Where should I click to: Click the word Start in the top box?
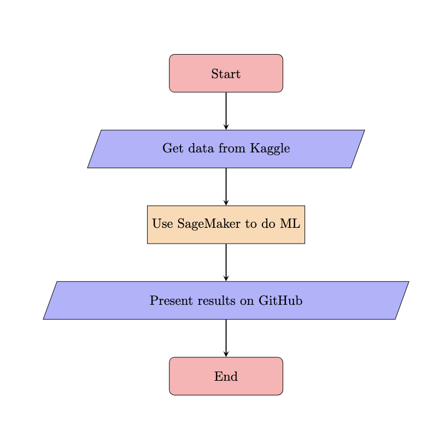226,74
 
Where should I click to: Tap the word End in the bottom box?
226,376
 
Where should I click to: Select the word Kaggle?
270,149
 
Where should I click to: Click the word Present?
168,300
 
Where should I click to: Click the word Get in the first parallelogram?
171,149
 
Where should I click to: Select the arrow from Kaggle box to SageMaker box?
226,186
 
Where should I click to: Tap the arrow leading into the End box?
226,338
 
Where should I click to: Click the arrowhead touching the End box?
226,354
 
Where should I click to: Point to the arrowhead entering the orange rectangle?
226,203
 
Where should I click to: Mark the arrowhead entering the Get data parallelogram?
226,127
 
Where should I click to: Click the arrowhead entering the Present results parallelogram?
226,279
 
